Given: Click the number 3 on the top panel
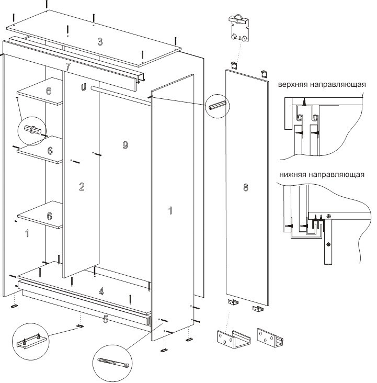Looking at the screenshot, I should click(100, 42).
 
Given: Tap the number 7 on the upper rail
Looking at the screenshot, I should click(68, 66).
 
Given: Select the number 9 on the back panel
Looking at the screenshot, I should click(125, 145).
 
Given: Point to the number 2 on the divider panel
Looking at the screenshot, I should click(82, 187).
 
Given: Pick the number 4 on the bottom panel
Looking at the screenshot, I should click(101, 292).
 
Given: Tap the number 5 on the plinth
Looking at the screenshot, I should click(106, 319).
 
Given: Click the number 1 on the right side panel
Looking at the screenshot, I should click(170, 211).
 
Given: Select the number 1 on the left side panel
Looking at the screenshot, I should click(27, 233).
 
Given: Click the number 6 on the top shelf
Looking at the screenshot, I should click(49, 91).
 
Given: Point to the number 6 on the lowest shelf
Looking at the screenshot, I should click(49, 216).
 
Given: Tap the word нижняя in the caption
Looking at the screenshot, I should click(291, 175).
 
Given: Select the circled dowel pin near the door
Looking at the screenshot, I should click(216, 104).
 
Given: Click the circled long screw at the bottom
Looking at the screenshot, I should click(113, 362).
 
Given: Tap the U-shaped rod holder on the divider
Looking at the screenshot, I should click(83, 88).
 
